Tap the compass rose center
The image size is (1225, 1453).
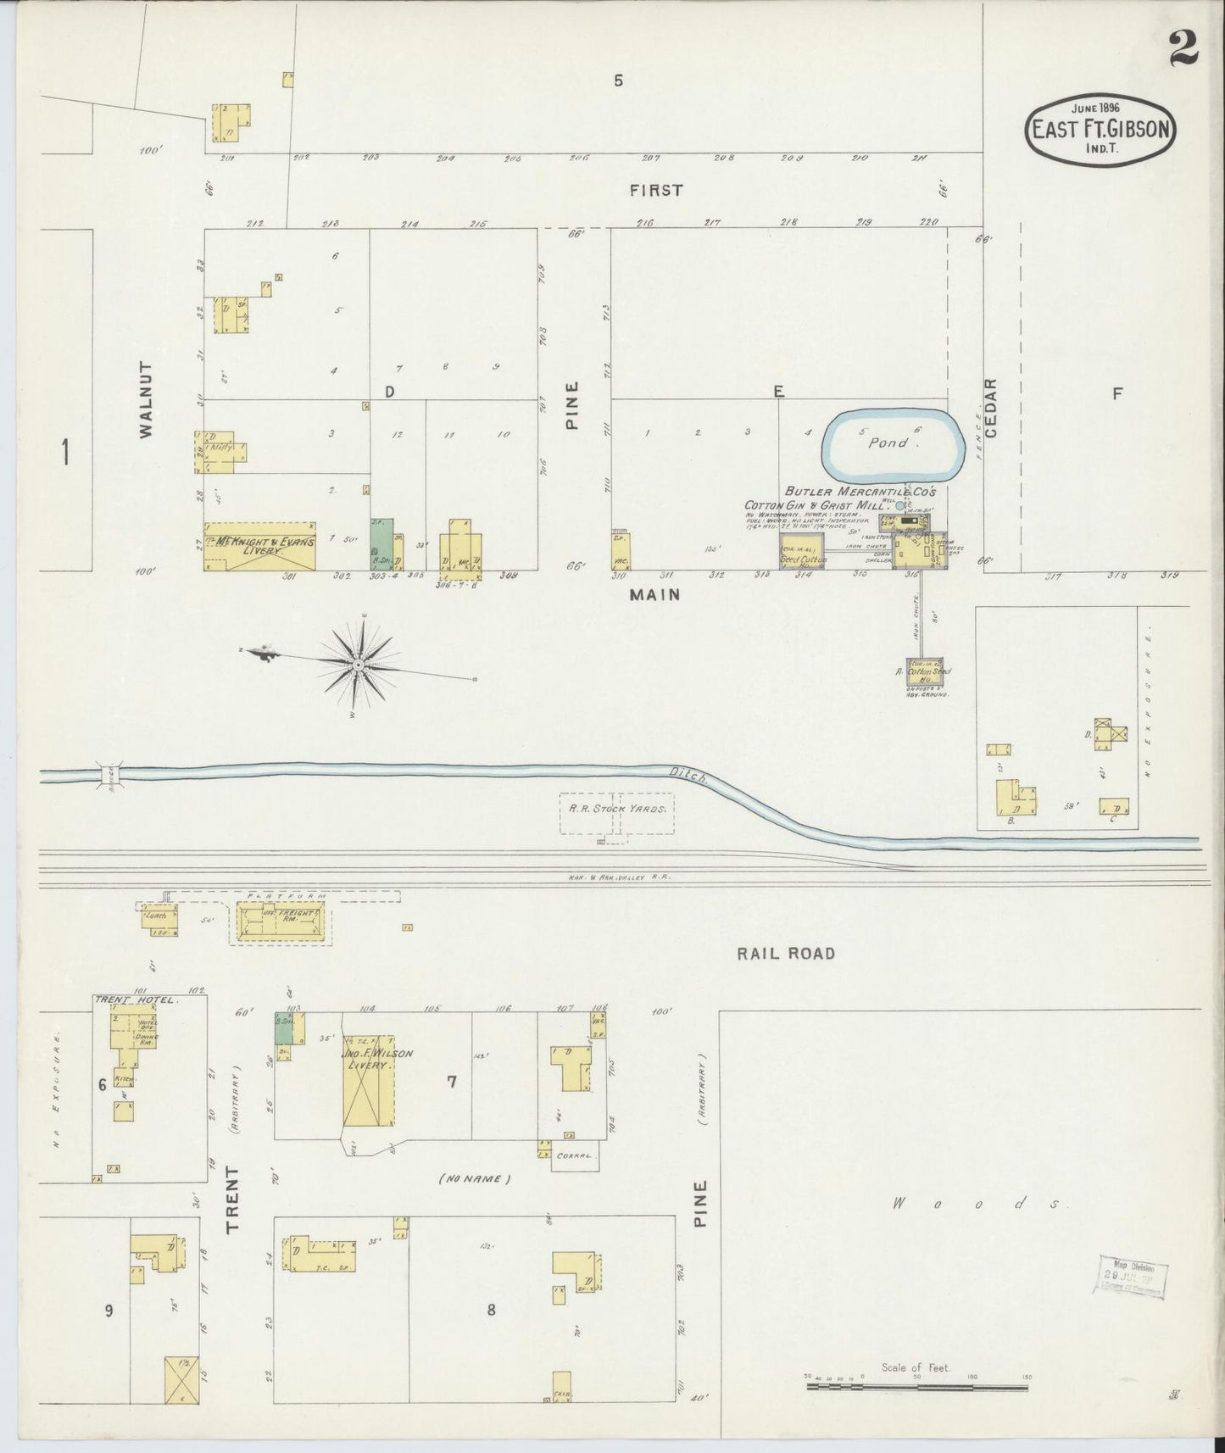(x=358, y=665)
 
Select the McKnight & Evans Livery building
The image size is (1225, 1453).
(x=259, y=546)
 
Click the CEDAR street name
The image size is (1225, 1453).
(x=993, y=408)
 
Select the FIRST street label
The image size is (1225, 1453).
(x=656, y=191)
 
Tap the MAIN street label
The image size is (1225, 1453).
(x=654, y=595)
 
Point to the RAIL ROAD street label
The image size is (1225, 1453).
(x=785, y=954)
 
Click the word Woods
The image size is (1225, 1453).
(x=975, y=1203)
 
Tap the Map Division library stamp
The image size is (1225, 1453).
(x=1129, y=1278)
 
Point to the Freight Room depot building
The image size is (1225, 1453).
(x=278, y=921)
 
